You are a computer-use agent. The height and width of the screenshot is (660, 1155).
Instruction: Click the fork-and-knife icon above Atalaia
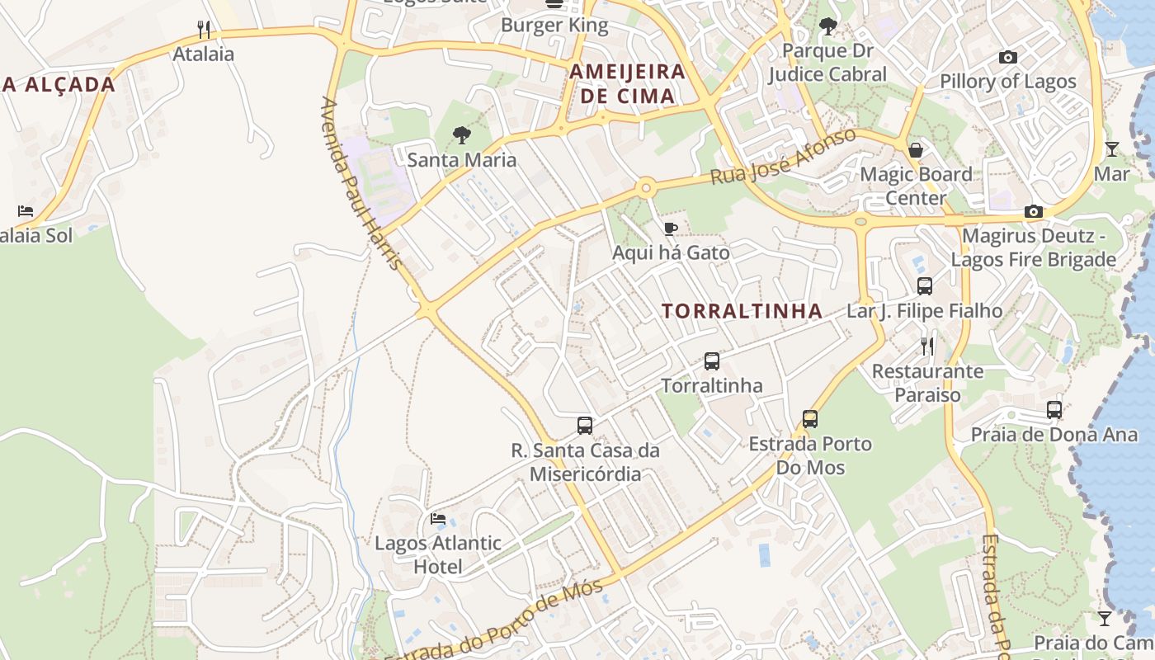pyautogui.click(x=205, y=30)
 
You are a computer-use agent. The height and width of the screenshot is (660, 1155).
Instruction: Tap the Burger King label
pyautogui.click(x=554, y=25)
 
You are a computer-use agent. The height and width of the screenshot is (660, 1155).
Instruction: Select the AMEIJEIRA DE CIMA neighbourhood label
pyautogui.click(x=627, y=83)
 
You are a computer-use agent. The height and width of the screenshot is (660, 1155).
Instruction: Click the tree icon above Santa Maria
pyautogui.click(x=462, y=134)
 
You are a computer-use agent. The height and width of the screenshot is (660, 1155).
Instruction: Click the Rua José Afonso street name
pyautogui.click(x=783, y=157)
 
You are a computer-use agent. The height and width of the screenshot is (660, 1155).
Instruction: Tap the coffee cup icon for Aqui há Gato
pyautogui.click(x=671, y=229)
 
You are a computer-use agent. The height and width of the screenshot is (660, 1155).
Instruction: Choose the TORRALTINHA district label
pyautogui.click(x=742, y=311)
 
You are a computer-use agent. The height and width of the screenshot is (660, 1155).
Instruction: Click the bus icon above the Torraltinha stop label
pyautogui.click(x=712, y=361)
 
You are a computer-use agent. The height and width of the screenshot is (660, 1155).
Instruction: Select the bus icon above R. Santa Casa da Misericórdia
pyautogui.click(x=585, y=426)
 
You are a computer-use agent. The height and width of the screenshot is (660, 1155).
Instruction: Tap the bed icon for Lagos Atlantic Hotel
pyautogui.click(x=438, y=519)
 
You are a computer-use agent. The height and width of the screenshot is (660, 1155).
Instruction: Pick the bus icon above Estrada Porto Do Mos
pyautogui.click(x=810, y=419)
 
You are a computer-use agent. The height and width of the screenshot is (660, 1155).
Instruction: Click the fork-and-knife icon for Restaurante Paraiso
pyautogui.click(x=928, y=346)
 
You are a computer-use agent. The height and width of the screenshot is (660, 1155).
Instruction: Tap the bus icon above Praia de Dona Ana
pyautogui.click(x=1054, y=409)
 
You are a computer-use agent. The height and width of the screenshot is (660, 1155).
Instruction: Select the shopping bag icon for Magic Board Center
pyautogui.click(x=916, y=150)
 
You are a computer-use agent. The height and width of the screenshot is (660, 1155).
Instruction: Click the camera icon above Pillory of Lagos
pyautogui.click(x=1008, y=57)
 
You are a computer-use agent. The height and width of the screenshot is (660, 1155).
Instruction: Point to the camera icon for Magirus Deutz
pyautogui.click(x=1034, y=212)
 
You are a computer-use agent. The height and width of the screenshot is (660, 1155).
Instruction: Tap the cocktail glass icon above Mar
pyautogui.click(x=1112, y=149)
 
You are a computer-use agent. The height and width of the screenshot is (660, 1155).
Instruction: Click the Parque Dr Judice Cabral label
pyautogui.click(x=827, y=63)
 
